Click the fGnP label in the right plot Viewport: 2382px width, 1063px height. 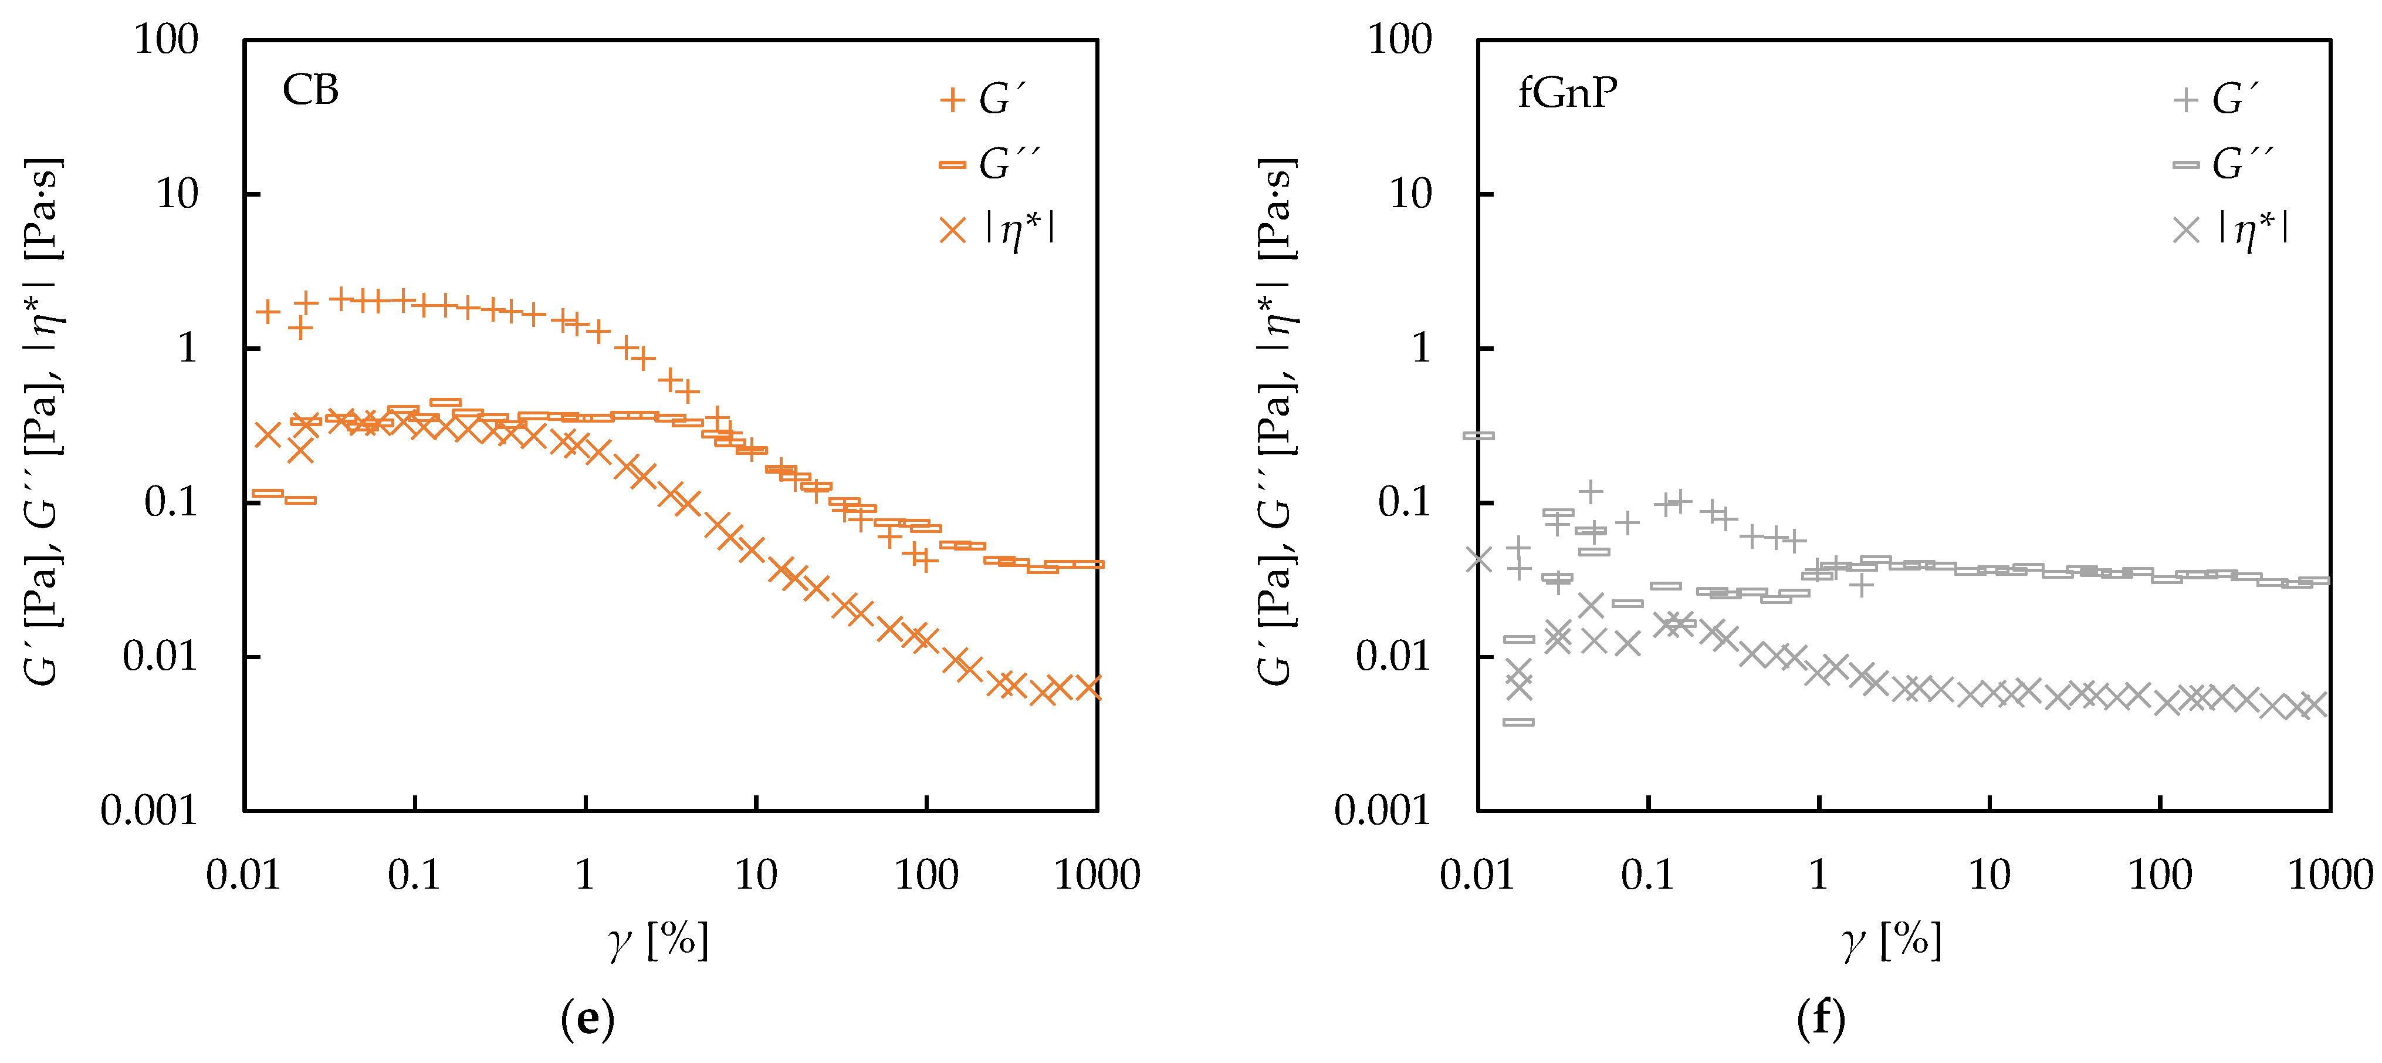click(1567, 93)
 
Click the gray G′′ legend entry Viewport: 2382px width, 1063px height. click(2221, 165)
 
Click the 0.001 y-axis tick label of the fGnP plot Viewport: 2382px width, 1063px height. click(1382, 811)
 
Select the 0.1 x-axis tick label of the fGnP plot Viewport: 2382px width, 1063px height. click(1648, 874)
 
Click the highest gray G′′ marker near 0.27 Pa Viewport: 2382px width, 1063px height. click(1478, 435)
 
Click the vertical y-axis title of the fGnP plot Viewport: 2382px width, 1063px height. click(1277, 421)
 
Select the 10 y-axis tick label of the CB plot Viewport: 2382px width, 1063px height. click(177, 194)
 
